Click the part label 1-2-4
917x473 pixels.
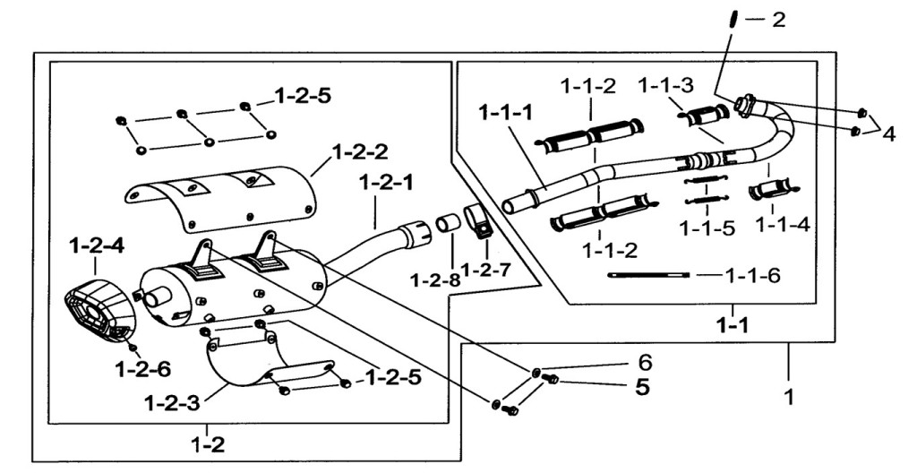point(97,245)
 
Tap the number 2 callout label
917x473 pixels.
point(778,20)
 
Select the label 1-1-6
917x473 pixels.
point(752,275)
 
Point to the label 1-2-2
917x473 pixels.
point(360,152)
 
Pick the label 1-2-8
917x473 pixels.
point(435,280)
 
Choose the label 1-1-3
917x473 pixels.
point(665,86)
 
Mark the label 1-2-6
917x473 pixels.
point(142,369)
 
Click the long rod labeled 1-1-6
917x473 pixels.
point(648,274)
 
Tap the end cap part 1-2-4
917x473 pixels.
point(99,310)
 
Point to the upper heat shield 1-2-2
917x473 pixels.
point(222,197)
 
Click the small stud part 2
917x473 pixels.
point(732,20)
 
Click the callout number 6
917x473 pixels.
point(645,363)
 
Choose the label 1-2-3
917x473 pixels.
point(171,403)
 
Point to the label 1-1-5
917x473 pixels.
point(707,228)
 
